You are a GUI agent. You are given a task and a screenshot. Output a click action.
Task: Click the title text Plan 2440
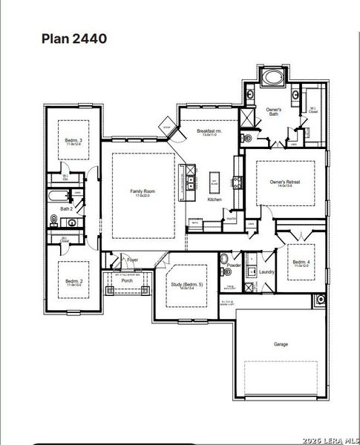click(x=73, y=38)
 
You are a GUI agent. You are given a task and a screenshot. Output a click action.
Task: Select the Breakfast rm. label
click(x=209, y=131)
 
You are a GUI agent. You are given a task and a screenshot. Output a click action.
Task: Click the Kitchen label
click(x=215, y=200)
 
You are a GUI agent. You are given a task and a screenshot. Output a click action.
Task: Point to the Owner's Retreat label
click(x=285, y=182)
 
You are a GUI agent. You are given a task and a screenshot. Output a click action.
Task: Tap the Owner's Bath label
click(x=273, y=111)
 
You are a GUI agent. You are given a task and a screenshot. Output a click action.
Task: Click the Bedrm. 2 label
click(x=73, y=281)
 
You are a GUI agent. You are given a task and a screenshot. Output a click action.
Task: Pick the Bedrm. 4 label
click(x=301, y=262)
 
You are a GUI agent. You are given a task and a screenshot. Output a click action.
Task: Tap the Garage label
click(x=281, y=344)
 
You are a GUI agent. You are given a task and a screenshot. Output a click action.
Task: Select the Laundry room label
click(x=267, y=272)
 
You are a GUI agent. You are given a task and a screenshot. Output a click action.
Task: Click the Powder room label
click(x=235, y=266)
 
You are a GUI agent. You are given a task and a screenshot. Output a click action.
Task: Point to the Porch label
click(x=127, y=281)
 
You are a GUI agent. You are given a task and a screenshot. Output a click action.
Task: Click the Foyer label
click(x=133, y=260)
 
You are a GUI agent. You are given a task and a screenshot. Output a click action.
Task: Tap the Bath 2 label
click(x=66, y=209)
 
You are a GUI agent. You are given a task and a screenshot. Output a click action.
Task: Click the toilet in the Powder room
click(x=224, y=259)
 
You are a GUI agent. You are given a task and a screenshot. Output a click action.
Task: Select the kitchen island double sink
click(x=191, y=181)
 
